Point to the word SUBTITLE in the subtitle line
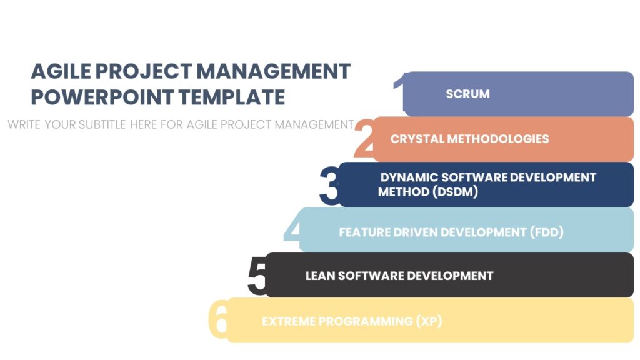[102, 124]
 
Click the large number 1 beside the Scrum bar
[399, 92]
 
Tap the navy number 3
[329, 186]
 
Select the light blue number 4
[293, 230]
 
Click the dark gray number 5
[257, 276]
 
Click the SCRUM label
[467, 94]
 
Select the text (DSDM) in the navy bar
[455, 192]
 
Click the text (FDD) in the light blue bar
[547, 232]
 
